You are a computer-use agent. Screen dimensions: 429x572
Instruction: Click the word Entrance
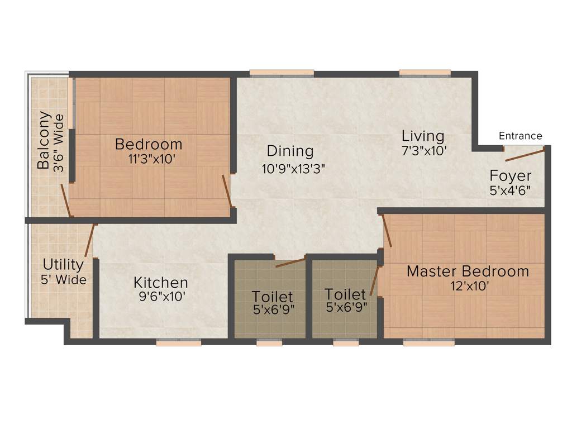click(520, 136)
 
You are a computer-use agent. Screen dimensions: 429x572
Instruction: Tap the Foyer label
click(511, 175)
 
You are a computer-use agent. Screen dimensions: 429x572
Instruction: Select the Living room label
click(423, 136)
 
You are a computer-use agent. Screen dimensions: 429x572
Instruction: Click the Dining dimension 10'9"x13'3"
click(293, 168)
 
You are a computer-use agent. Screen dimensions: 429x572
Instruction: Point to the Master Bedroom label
click(468, 271)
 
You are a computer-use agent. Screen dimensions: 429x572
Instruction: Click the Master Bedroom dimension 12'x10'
click(468, 287)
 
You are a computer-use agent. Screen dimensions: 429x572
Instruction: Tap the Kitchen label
click(160, 283)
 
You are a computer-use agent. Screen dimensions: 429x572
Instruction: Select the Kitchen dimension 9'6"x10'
click(161, 297)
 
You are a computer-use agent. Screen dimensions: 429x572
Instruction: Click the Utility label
click(63, 264)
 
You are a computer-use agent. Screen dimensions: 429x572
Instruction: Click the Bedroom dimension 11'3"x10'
click(152, 159)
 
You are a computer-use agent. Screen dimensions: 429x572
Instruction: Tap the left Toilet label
click(272, 296)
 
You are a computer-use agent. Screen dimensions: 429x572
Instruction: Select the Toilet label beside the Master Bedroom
click(345, 294)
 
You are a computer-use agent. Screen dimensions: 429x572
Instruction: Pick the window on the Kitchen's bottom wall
click(178, 343)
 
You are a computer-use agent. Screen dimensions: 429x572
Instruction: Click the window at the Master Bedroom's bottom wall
click(428, 343)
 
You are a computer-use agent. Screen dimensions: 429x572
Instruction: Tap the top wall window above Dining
click(282, 72)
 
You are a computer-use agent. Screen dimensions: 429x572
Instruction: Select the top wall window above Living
click(425, 72)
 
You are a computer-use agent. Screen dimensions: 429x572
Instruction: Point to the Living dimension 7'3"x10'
click(423, 150)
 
